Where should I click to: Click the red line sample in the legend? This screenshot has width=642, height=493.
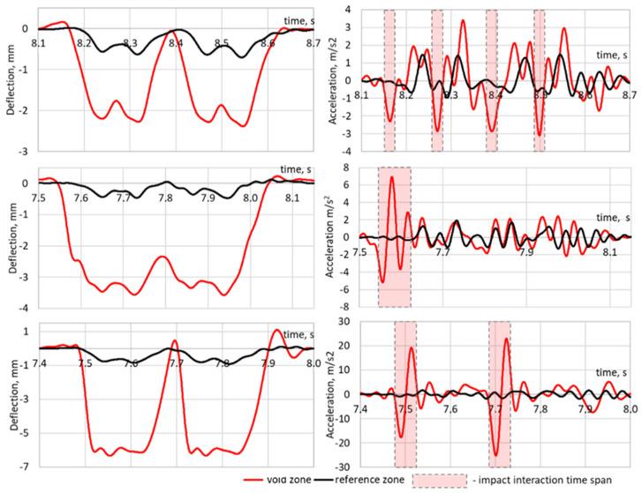257,479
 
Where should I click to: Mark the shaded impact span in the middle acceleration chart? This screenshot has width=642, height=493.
394,236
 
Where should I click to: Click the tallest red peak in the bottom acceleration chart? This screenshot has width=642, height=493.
506,339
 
